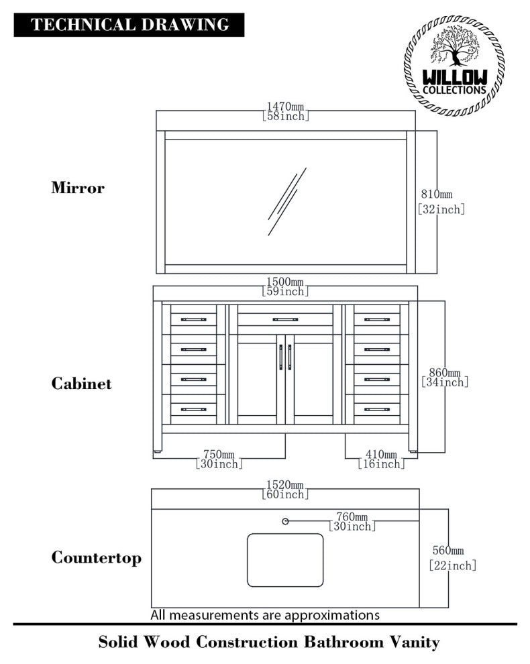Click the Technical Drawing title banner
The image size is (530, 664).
click(129, 25)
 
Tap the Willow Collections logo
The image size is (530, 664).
click(454, 65)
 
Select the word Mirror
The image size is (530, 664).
click(78, 188)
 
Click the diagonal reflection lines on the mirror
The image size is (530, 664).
click(286, 201)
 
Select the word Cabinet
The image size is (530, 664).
click(81, 384)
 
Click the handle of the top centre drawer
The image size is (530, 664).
click(285, 319)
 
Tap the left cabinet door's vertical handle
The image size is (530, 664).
click(280, 357)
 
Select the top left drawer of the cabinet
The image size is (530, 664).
click(193, 319)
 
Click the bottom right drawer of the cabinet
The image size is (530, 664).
click(377, 408)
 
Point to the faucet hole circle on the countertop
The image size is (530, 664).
click(285, 521)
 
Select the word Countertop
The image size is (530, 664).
click(96, 558)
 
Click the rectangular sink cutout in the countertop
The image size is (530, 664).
click(285, 560)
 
